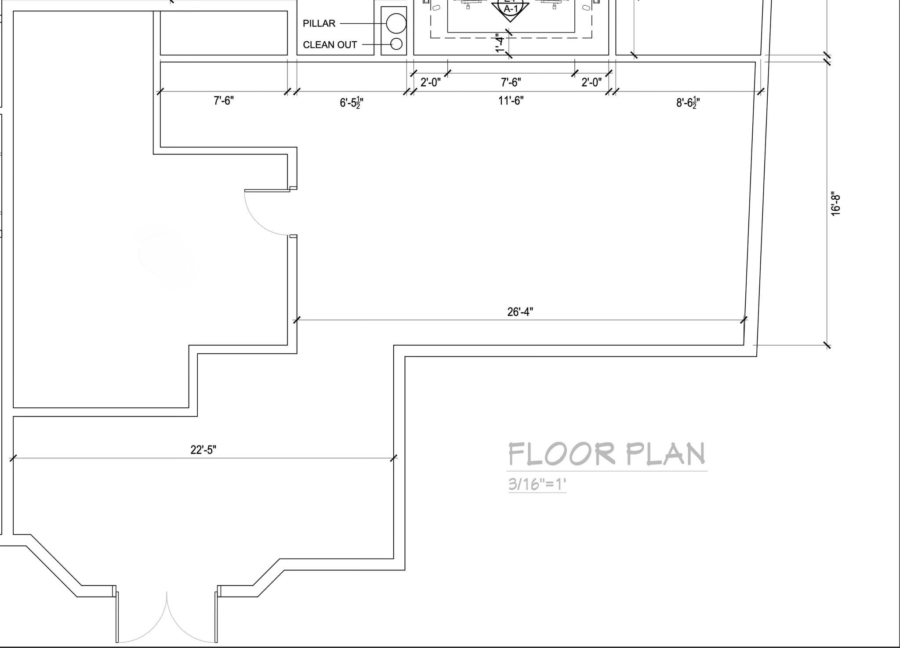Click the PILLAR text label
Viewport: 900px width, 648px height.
(319, 23)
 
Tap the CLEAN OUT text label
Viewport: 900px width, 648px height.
(330, 45)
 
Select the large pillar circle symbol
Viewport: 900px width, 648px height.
(396, 23)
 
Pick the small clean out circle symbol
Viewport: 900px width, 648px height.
(396, 44)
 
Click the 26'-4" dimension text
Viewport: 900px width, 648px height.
(520, 312)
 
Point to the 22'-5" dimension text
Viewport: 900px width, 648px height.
(203, 450)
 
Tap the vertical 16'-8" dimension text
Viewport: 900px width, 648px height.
(835, 205)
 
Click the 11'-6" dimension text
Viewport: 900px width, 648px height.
(511, 101)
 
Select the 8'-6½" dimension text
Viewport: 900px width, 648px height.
(688, 103)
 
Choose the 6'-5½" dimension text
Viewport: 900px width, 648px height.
(351, 103)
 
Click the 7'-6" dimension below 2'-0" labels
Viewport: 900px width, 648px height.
(511, 82)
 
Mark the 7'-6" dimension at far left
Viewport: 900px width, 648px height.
(224, 101)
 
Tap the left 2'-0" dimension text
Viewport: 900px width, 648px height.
(430, 82)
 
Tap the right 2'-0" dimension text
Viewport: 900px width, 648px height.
(591, 82)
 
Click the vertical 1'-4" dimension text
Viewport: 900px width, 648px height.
(500, 44)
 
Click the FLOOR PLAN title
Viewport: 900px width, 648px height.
(607, 454)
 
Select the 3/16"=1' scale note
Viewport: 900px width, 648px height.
(537, 484)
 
